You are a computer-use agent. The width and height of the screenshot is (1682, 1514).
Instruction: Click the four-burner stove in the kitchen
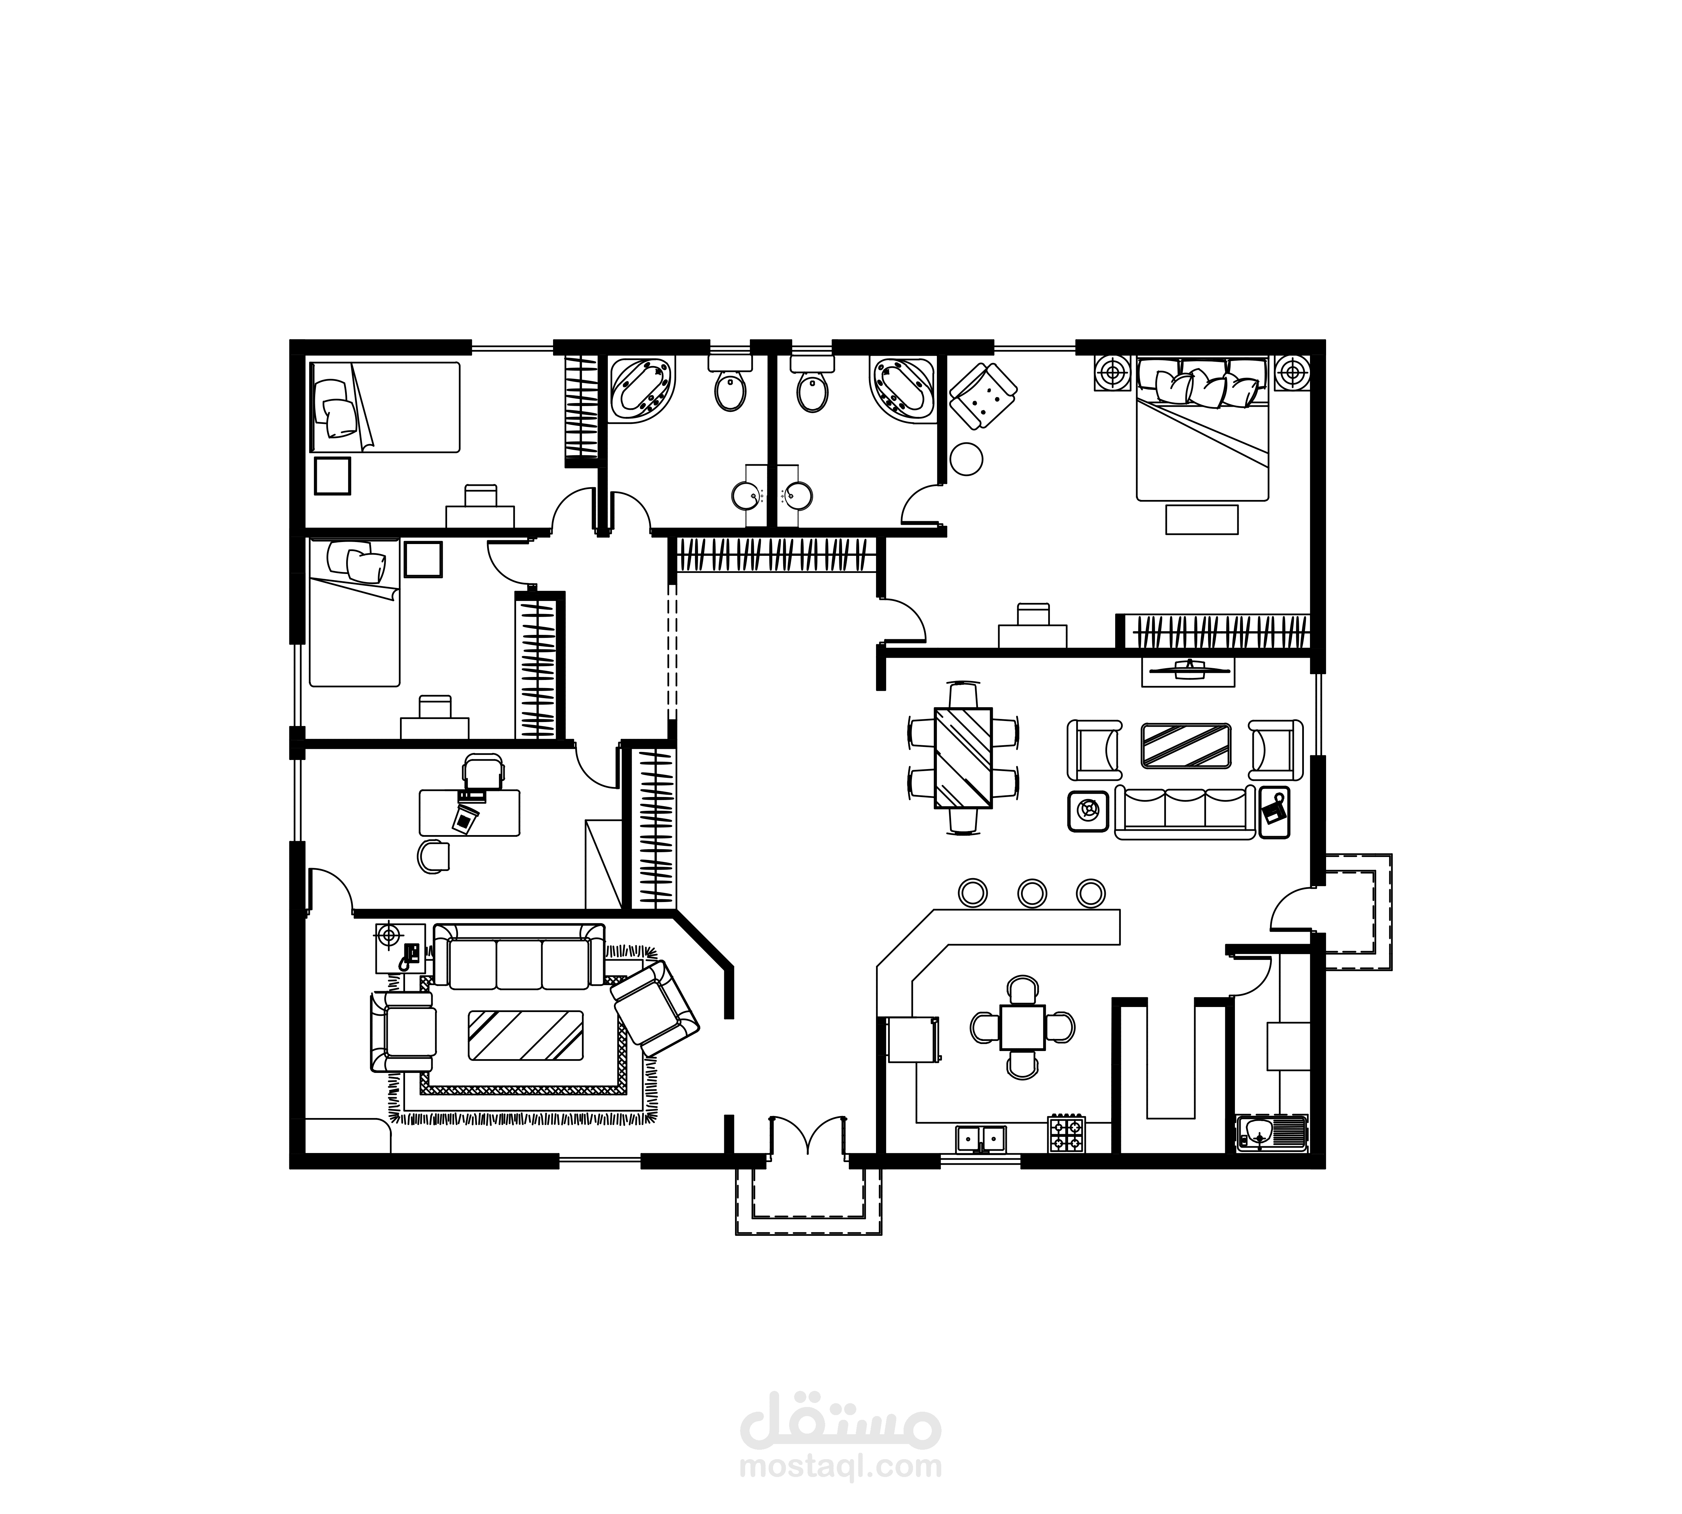[x=1066, y=1133]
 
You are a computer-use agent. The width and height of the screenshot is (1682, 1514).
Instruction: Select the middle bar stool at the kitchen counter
[x=1031, y=893]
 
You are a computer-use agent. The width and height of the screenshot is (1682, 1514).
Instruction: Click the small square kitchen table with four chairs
[x=1022, y=1028]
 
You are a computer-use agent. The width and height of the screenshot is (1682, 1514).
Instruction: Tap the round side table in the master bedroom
[x=966, y=459]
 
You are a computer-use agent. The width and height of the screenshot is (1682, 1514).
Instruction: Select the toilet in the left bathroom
[x=730, y=383]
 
